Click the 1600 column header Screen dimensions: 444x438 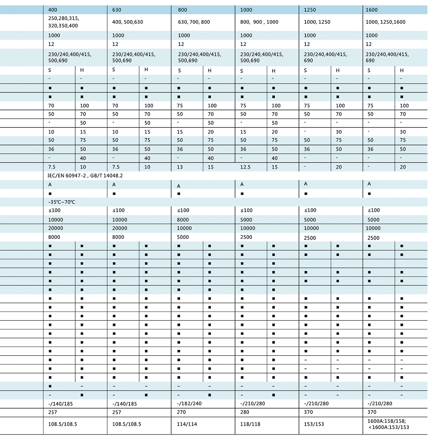click(372, 10)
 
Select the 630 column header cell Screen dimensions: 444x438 click(117, 10)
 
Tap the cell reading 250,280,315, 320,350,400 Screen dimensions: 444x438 click(63, 22)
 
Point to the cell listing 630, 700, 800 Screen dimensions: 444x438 click(194, 22)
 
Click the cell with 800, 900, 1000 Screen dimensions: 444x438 click(259, 22)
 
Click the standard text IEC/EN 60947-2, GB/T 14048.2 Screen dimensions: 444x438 click(85, 176)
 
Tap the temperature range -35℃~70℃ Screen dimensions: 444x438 click(62, 202)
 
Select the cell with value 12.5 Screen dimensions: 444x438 click(245, 167)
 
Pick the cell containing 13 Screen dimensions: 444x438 click(180, 167)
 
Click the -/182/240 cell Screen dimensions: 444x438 click(189, 403)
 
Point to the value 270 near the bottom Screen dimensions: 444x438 click(181, 412)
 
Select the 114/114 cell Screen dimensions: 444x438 click(187, 424)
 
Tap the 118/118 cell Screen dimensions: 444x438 click(250, 424)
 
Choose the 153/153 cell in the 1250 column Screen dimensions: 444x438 click(314, 424)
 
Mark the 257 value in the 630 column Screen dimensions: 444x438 click(117, 412)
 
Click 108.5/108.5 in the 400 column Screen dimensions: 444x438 click(63, 424)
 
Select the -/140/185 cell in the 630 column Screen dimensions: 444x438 click(124, 404)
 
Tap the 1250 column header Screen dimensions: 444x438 click(310, 10)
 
